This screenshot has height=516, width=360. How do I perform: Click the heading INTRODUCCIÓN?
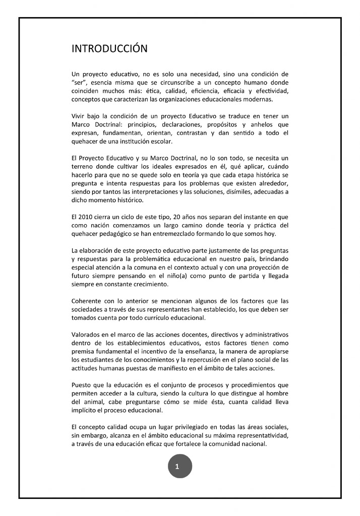(x=109, y=49)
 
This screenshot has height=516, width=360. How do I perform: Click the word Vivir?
(x=81, y=116)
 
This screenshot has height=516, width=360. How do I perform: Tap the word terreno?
(x=85, y=167)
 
